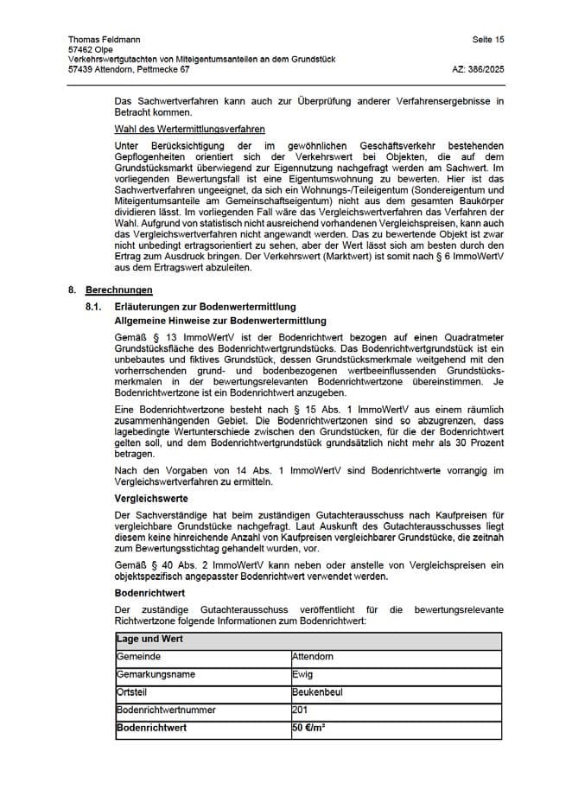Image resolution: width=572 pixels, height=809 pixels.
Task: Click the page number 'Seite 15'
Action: (488, 40)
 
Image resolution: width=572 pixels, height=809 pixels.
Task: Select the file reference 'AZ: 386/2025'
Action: (478, 68)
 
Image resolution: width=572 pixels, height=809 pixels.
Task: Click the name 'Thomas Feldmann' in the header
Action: (102, 40)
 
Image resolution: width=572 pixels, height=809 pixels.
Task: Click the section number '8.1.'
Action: (95, 307)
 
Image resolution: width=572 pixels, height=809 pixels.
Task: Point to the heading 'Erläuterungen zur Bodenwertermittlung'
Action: (205, 307)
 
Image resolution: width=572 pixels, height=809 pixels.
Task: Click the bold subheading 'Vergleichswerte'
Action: (151, 499)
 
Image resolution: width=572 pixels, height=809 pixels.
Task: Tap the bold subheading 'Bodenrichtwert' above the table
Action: (149, 593)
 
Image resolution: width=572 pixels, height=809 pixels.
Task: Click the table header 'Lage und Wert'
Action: (149, 640)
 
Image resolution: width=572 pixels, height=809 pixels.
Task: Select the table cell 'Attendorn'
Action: (313, 657)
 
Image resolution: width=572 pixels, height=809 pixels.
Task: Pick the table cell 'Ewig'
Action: (302, 674)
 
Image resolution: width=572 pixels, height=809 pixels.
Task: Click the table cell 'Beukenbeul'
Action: (316, 692)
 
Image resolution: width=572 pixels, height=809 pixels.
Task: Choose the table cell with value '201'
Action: (300, 710)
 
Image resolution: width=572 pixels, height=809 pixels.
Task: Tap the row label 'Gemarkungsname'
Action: (156, 674)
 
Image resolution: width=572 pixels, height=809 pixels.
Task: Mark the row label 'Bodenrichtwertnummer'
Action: (166, 710)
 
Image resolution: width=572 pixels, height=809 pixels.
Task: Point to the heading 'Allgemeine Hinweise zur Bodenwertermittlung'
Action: (220, 321)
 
